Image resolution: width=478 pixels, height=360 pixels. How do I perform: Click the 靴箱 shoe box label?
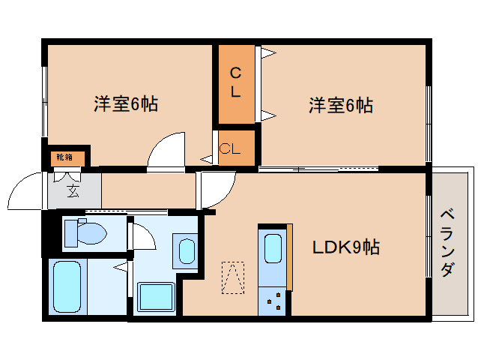click(64, 157)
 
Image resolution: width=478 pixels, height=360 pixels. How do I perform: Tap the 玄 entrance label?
click(73, 191)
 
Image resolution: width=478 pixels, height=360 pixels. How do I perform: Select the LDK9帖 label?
click(346, 247)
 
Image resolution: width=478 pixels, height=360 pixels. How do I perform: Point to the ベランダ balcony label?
click(447, 243)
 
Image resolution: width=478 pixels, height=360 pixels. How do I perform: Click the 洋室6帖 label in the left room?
click(126, 104)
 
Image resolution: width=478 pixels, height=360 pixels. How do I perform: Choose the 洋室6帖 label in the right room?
click(341, 106)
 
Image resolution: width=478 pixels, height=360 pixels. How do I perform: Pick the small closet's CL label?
click(230, 148)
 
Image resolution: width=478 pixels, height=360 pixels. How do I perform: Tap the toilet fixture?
click(85, 232)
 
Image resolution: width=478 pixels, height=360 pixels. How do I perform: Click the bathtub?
click(67, 286)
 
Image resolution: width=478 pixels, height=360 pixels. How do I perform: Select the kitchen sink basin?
click(273, 248)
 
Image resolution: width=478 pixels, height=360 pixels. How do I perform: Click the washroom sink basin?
click(187, 251)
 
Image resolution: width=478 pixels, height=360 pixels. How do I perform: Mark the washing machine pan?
click(157, 297)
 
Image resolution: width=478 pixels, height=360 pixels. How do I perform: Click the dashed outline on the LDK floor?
click(233, 277)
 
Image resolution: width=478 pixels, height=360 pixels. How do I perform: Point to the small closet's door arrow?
click(207, 159)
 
